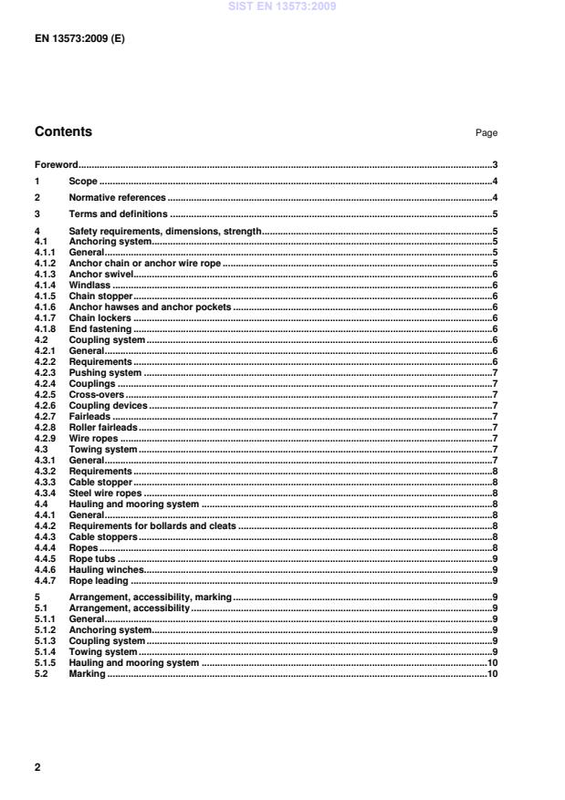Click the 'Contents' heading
click(x=63, y=131)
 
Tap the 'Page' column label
click(x=486, y=133)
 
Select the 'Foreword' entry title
click(x=56, y=165)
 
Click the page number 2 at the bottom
click(x=37, y=767)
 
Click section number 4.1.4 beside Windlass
click(x=47, y=285)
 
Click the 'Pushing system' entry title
click(x=105, y=372)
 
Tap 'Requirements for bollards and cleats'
click(x=152, y=525)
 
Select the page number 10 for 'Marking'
click(x=491, y=673)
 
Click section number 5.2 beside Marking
click(x=41, y=673)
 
